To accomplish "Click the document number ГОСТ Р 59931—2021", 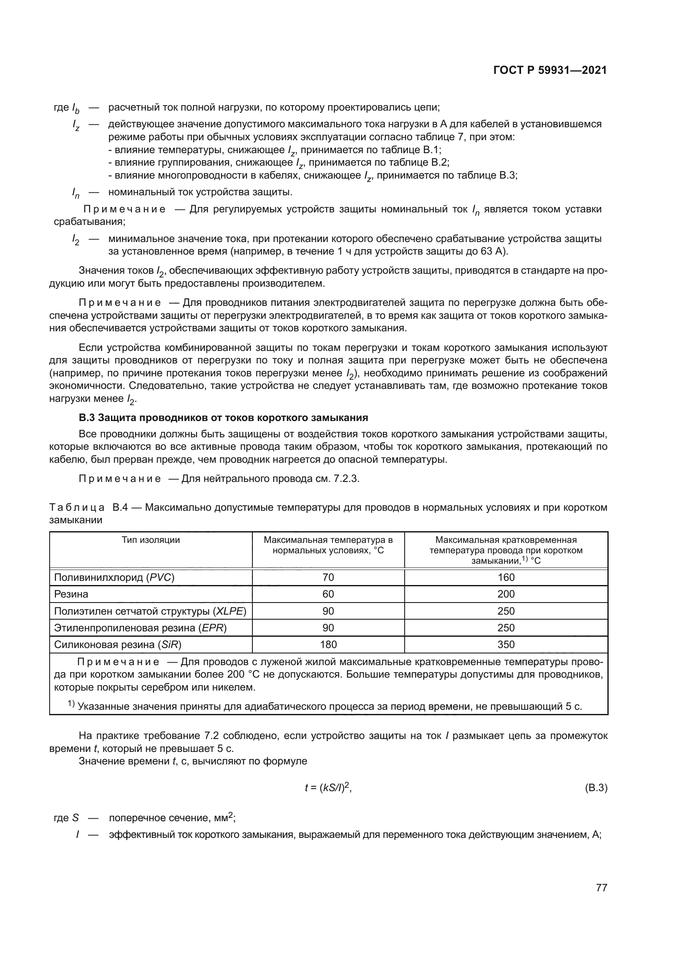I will pos(550,71).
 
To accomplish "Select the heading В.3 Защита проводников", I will pos(223,417).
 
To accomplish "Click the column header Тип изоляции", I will pos(151,540).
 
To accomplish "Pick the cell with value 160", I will pos(506,577).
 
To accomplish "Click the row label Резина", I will pos(71,594).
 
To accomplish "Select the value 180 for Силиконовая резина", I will pos(328,644).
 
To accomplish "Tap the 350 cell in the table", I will pos(506,644).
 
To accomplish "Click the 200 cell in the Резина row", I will pos(506,594).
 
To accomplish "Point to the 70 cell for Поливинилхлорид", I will pos(328,577).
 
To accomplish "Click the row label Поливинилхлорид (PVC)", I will pos(114,577).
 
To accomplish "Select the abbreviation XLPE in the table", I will pos(229,611).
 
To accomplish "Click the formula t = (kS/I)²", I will pos(327,788).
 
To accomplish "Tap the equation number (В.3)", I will pos(596,788).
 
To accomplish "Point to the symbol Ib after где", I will pos(76,108).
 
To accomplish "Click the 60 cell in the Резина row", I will pos(328,594).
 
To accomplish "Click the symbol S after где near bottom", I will pos(76,818).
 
